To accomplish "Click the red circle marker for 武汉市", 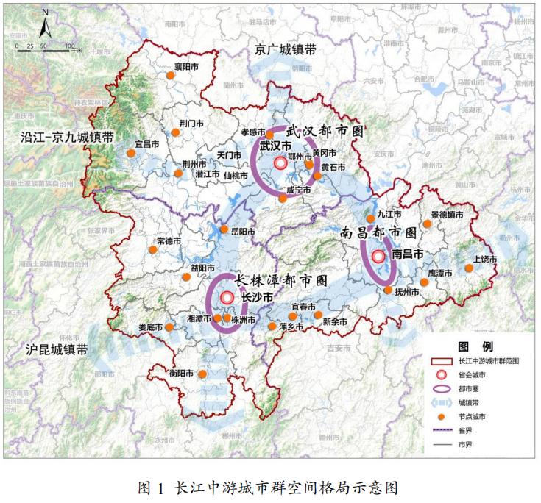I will (x=280, y=163).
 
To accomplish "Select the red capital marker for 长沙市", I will (x=227, y=297).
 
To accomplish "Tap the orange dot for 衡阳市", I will (x=202, y=374).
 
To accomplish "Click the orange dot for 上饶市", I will (x=469, y=268).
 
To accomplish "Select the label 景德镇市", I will (x=448, y=215).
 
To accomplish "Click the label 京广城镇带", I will (x=286, y=49).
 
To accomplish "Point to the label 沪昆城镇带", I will (x=56, y=349).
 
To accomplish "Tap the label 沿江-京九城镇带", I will (x=68, y=137).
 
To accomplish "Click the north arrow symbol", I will (x=45, y=25).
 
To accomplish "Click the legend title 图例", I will (x=470, y=346).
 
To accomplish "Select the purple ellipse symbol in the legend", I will (x=442, y=388).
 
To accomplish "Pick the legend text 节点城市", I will (x=473, y=416).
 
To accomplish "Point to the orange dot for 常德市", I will (x=153, y=250).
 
